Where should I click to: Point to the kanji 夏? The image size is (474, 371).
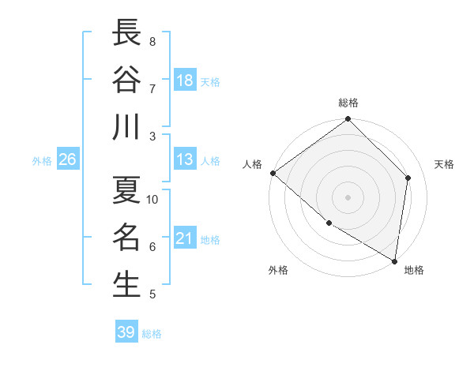(x=127, y=189)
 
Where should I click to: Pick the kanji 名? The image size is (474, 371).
(x=127, y=237)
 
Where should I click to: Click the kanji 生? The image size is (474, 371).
(x=127, y=284)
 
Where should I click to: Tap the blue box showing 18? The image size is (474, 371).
(x=185, y=81)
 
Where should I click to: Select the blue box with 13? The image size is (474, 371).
(x=185, y=159)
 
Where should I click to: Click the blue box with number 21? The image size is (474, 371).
(x=185, y=238)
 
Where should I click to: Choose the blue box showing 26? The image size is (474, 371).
(x=67, y=159)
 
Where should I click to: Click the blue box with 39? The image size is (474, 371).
(x=126, y=332)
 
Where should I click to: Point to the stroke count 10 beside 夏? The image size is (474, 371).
(x=152, y=200)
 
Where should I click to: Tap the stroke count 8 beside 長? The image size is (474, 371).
(x=152, y=41)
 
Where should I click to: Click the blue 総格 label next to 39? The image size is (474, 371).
(x=152, y=334)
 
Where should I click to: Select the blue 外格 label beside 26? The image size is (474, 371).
(x=42, y=161)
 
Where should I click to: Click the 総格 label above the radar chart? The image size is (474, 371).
(x=348, y=103)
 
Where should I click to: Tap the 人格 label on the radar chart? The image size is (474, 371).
(x=253, y=164)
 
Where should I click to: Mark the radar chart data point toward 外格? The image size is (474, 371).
(x=329, y=223)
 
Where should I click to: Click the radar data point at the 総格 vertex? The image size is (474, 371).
(x=348, y=120)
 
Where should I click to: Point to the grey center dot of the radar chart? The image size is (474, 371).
(x=348, y=197)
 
